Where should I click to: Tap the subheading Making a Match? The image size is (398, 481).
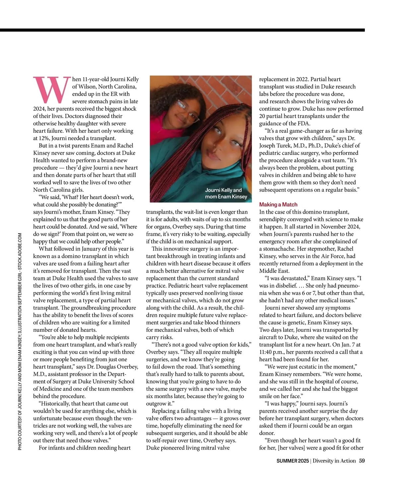(x=278, y=205)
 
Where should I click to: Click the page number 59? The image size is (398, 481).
(x=362, y=461)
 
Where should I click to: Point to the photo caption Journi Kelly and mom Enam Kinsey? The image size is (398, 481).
(x=226, y=193)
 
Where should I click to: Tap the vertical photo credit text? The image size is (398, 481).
(x=20, y=342)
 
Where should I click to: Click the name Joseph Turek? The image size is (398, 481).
(x=275, y=146)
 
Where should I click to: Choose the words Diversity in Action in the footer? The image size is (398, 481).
(x=334, y=461)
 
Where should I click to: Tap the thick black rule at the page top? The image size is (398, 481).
(x=182, y=30)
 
